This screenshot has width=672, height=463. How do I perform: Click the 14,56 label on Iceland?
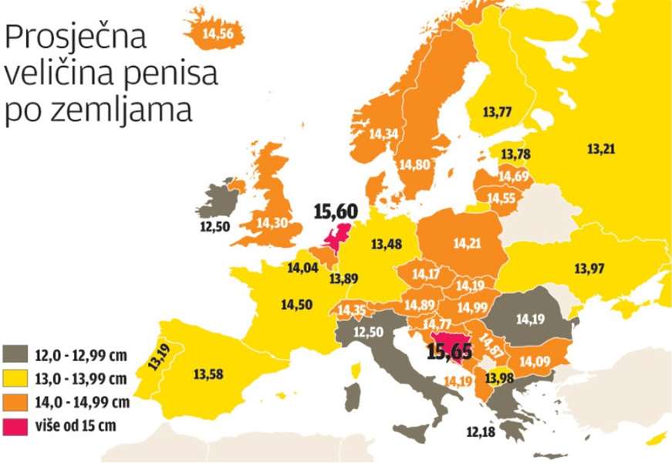tap(219, 33)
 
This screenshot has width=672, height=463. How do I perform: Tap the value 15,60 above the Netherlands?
tap(336, 211)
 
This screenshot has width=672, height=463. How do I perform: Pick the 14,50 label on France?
tap(296, 304)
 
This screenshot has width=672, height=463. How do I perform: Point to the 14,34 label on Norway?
tap(383, 133)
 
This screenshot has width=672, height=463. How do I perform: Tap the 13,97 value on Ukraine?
tap(589, 268)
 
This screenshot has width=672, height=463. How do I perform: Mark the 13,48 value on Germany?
tap(386, 245)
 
